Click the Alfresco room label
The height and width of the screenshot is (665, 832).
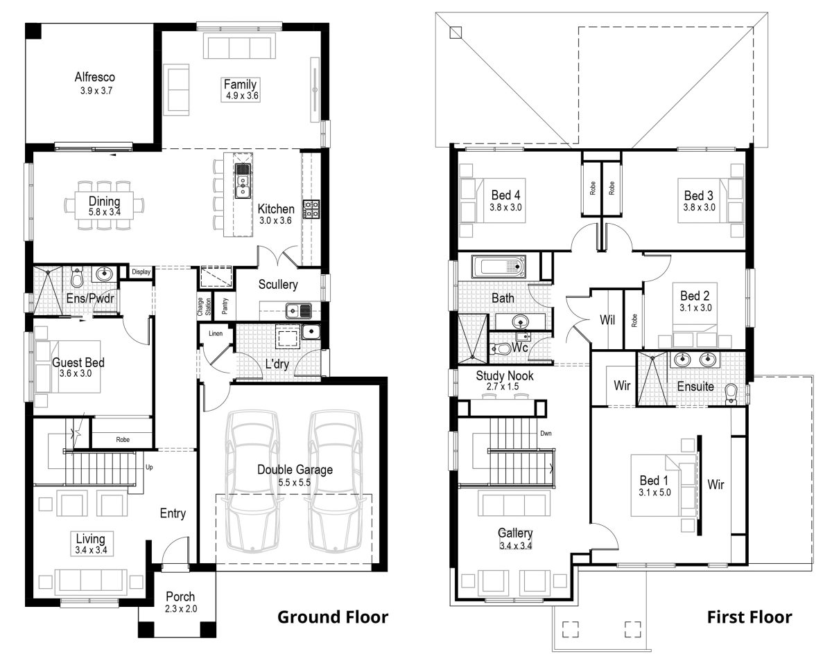[95, 78]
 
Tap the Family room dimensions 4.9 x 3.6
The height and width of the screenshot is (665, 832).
[241, 96]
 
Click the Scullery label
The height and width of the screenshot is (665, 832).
[278, 284]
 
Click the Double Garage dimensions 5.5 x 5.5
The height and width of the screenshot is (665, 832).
[295, 481]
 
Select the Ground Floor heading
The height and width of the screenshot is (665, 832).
[333, 617]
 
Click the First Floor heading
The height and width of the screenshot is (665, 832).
[749, 617]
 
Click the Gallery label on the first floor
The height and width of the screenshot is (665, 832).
[515, 533]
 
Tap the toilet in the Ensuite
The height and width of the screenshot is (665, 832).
[731, 393]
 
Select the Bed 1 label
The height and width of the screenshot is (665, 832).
[654, 481]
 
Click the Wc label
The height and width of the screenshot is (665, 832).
[520, 348]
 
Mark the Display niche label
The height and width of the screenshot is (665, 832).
[141, 272]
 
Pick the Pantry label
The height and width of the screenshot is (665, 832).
[225, 305]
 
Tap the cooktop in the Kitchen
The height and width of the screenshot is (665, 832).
[310, 209]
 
